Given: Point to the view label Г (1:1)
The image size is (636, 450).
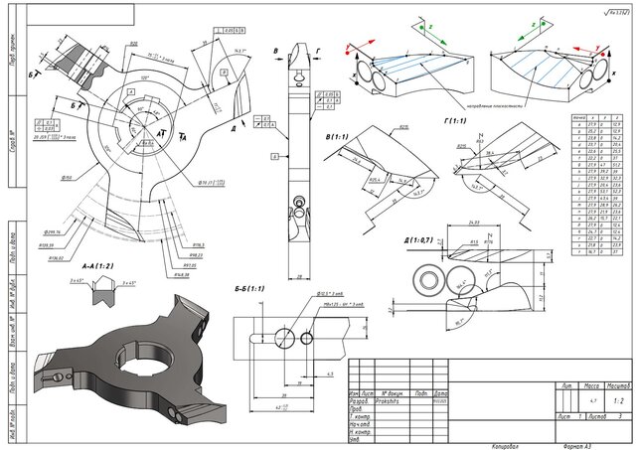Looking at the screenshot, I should pyautogui.click(x=457, y=120).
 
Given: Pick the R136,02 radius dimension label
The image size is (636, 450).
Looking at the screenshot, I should pyautogui.click(x=54, y=257).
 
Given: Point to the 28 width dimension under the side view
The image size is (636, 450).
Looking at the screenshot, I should pyautogui.click(x=300, y=249).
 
